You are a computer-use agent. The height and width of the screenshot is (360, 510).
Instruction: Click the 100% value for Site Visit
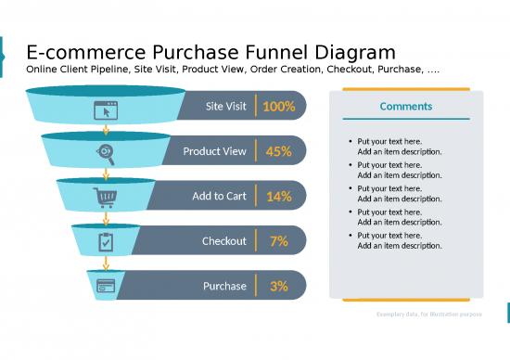[278, 107]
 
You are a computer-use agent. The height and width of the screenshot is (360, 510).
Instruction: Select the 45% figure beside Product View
[278, 151]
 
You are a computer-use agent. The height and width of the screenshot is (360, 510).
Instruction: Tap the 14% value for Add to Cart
[278, 197]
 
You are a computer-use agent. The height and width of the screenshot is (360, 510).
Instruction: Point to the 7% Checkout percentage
[278, 241]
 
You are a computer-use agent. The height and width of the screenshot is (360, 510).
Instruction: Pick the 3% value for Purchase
[278, 286]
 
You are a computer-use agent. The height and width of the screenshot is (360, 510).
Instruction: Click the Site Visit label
[225, 107]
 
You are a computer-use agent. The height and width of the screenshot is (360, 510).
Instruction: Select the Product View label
[214, 151]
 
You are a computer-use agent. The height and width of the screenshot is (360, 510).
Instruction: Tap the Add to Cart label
[219, 197]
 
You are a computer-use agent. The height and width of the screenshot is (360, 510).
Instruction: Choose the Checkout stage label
[224, 241]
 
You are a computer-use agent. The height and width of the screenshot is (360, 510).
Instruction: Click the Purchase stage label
[224, 286]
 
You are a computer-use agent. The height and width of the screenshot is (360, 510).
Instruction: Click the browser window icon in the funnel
[107, 109]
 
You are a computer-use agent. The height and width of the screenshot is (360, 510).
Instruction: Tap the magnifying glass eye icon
[107, 153]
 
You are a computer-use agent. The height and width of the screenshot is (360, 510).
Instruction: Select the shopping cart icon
[106, 197]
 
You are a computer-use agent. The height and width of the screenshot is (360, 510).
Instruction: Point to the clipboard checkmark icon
[106, 241]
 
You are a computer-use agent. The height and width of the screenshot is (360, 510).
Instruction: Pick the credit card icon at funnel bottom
[106, 285]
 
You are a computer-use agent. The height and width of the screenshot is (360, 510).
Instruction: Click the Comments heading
[405, 107]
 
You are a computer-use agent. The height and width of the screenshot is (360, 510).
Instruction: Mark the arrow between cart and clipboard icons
[106, 218]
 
